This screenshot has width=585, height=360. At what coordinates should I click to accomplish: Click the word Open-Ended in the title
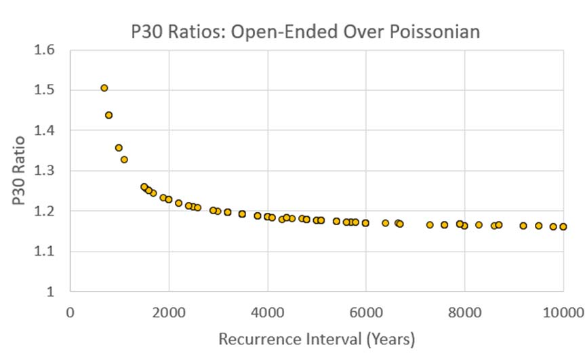265,31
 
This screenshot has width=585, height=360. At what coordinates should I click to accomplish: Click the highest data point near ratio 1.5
104,88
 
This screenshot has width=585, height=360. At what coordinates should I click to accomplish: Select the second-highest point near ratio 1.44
109,115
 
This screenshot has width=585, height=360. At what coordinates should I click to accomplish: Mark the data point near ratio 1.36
119,148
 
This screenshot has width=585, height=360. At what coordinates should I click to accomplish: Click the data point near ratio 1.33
124,160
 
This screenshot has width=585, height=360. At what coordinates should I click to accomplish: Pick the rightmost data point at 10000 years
563,227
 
